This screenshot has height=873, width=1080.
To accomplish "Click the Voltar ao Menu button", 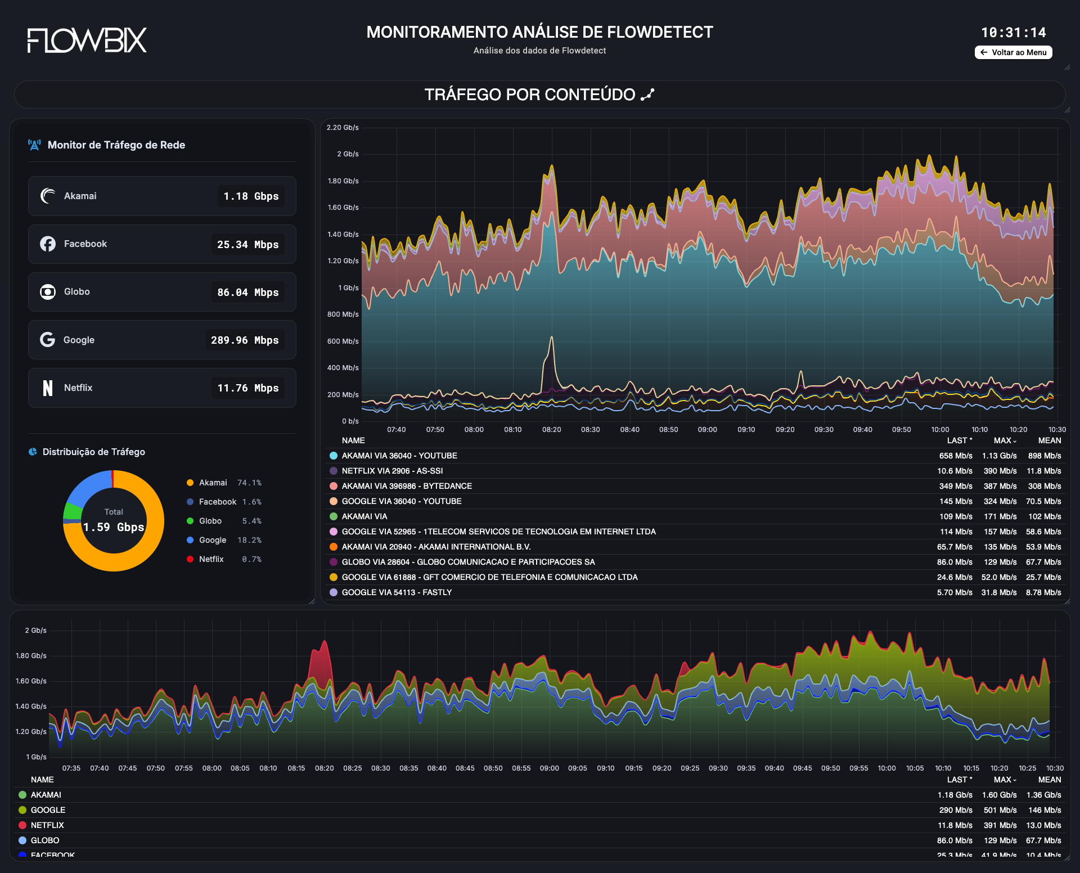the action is pyautogui.click(x=1013, y=52).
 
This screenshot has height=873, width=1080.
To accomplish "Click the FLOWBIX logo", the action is pyautogui.click(x=87, y=40).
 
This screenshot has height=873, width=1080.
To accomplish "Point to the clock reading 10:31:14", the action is pyautogui.click(x=1014, y=33).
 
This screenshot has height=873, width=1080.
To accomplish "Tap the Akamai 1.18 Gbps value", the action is pyautogui.click(x=251, y=196).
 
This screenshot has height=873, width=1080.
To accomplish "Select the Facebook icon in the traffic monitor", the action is pyautogui.click(x=48, y=244).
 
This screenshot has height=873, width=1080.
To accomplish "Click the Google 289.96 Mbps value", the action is pyautogui.click(x=245, y=340).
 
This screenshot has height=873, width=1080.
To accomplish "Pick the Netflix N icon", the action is pyautogui.click(x=48, y=388).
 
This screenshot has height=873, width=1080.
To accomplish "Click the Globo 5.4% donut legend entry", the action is pyautogui.click(x=224, y=521).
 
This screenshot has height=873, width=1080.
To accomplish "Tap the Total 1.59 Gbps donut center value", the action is pyautogui.click(x=114, y=527).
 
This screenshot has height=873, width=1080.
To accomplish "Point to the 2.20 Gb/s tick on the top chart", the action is pyautogui.click(x=343, y=128).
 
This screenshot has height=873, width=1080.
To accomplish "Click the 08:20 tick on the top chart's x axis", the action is pyautogui.click(x=552, y=430).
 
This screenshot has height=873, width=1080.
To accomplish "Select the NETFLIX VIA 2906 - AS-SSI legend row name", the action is pyautogui.click(x=392, y=471).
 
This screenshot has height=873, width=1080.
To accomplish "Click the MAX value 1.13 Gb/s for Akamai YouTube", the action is pyautogui.click(x=1000, y=456).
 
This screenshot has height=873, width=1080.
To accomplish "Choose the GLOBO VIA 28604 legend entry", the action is pyautogui.click(x=468, y=562).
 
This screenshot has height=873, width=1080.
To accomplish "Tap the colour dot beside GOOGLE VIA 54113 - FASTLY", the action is pyautogui.click(x=334, y=592).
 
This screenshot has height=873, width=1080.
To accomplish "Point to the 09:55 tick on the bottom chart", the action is pyautogui.click(x=859, y=768).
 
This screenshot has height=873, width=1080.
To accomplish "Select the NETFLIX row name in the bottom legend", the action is pyautogui.click(x=47, y=825).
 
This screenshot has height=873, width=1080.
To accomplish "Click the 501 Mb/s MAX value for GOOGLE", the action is pyautogui.click(x=1000, y=810).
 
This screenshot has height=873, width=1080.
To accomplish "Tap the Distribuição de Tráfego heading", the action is pyautogui.click(x=94, y=452).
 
